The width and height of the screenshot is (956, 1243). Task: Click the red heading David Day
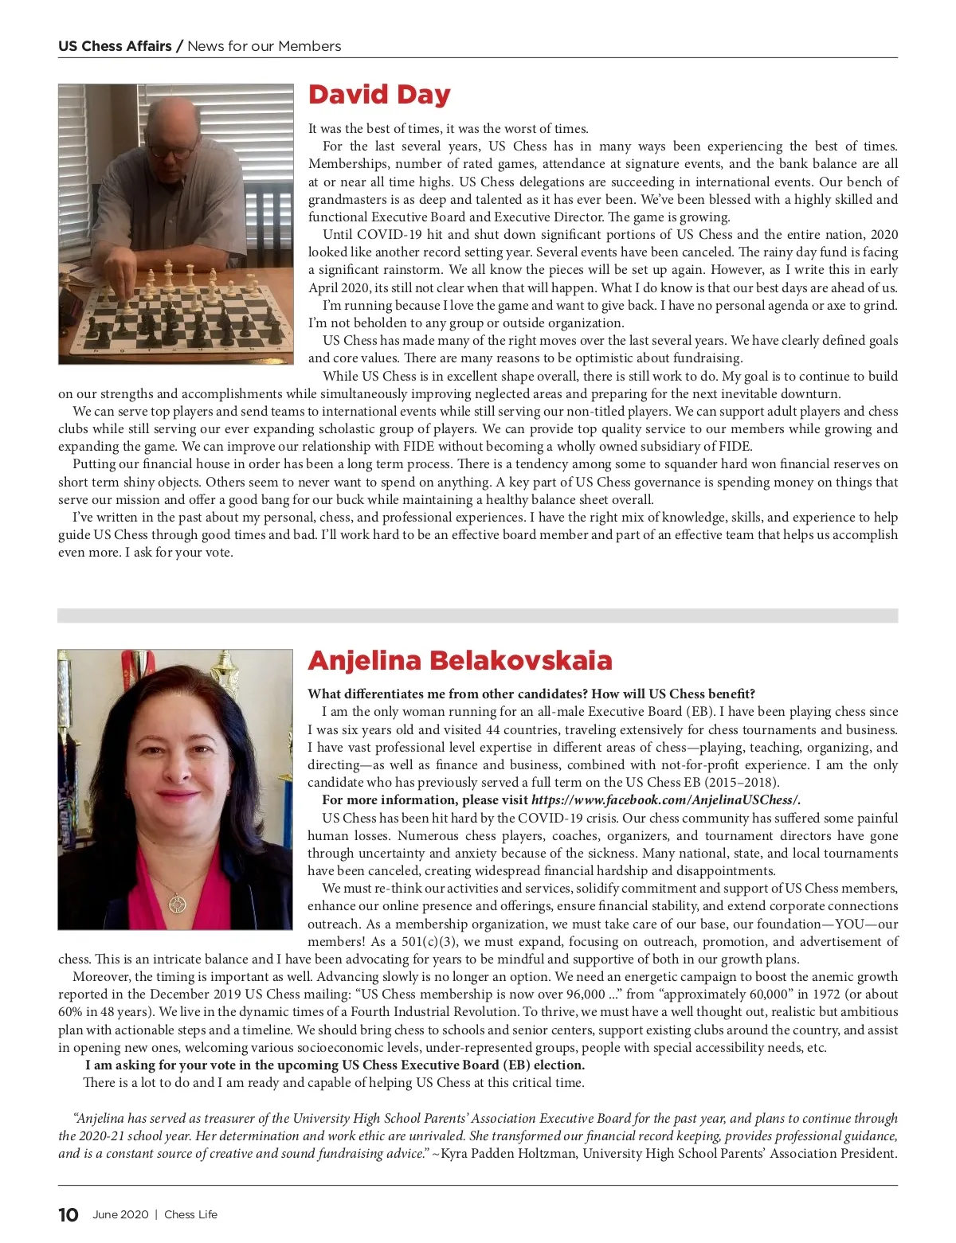[x=379, y=95]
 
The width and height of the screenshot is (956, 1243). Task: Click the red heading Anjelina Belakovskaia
[x=460, y=660]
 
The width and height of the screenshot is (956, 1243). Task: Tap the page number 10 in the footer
[x=69, y=1214]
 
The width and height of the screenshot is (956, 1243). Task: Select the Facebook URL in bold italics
[x=665, y=800]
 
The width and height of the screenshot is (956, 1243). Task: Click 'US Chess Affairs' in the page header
[x=115, y=46]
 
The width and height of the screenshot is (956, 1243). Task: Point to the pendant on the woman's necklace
[x=177, y=904]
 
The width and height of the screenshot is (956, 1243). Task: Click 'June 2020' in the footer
[x=120, y=1214]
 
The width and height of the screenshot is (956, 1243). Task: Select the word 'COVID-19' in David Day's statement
[x=390, y=234]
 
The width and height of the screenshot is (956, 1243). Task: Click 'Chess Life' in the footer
[x=190, y=1214]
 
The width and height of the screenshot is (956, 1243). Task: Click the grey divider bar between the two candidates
[x=477, y=616]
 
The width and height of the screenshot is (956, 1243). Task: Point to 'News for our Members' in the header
[x=264, y=46]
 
